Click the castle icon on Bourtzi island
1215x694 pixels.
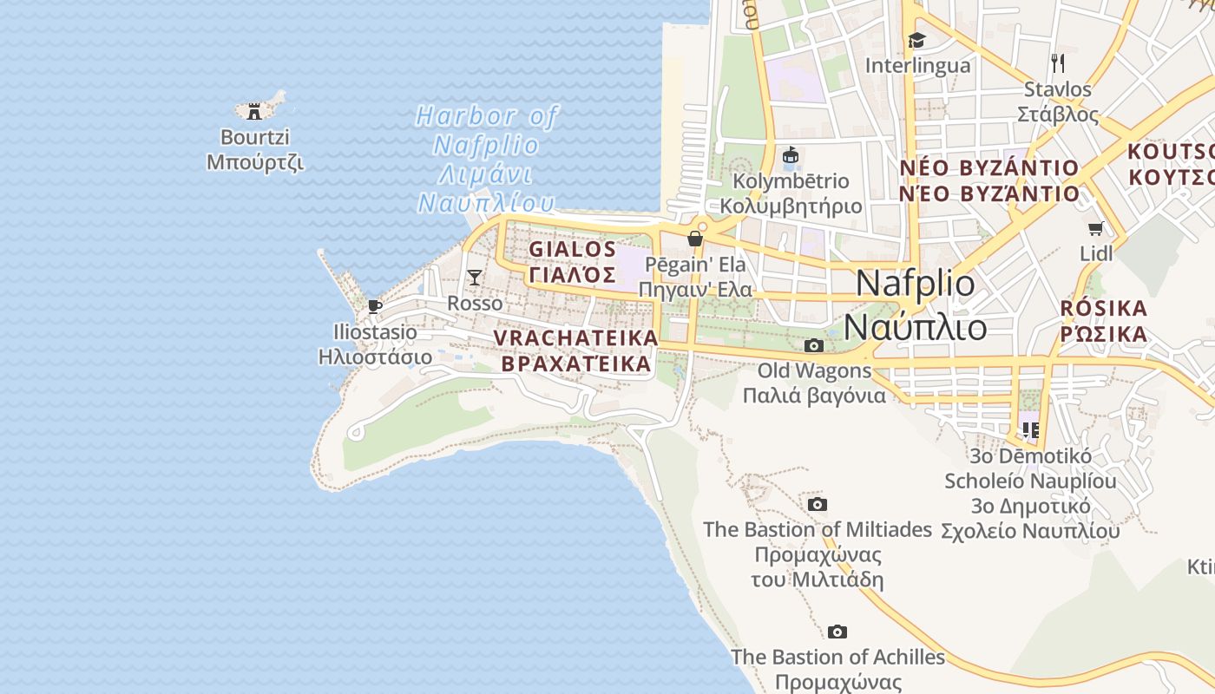[254, 111]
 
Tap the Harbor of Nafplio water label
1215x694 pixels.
[486, 115]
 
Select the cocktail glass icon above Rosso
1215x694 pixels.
[475, 278]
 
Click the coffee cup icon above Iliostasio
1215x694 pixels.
[375, 306]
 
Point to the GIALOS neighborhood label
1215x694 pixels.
[573, 249]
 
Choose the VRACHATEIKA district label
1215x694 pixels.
[575, 337]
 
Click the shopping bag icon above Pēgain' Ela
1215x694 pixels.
[695, 239]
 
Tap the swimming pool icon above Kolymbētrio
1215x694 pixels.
[791, 156]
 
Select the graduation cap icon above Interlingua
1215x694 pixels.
[916, 40]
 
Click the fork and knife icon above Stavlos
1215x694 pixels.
[1057, 62]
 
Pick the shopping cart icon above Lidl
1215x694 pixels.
[1095, 229]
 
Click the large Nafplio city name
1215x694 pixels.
[916, 284]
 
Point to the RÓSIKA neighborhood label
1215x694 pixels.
[1104, 308]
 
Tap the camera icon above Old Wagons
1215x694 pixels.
[813, 346]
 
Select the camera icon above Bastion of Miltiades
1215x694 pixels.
[817, 505]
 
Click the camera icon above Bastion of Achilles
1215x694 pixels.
[837, 632]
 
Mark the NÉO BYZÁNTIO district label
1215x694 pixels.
[988, 167]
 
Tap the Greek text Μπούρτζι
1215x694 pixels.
[255, 162]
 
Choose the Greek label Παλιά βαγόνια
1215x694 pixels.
[814, 396]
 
